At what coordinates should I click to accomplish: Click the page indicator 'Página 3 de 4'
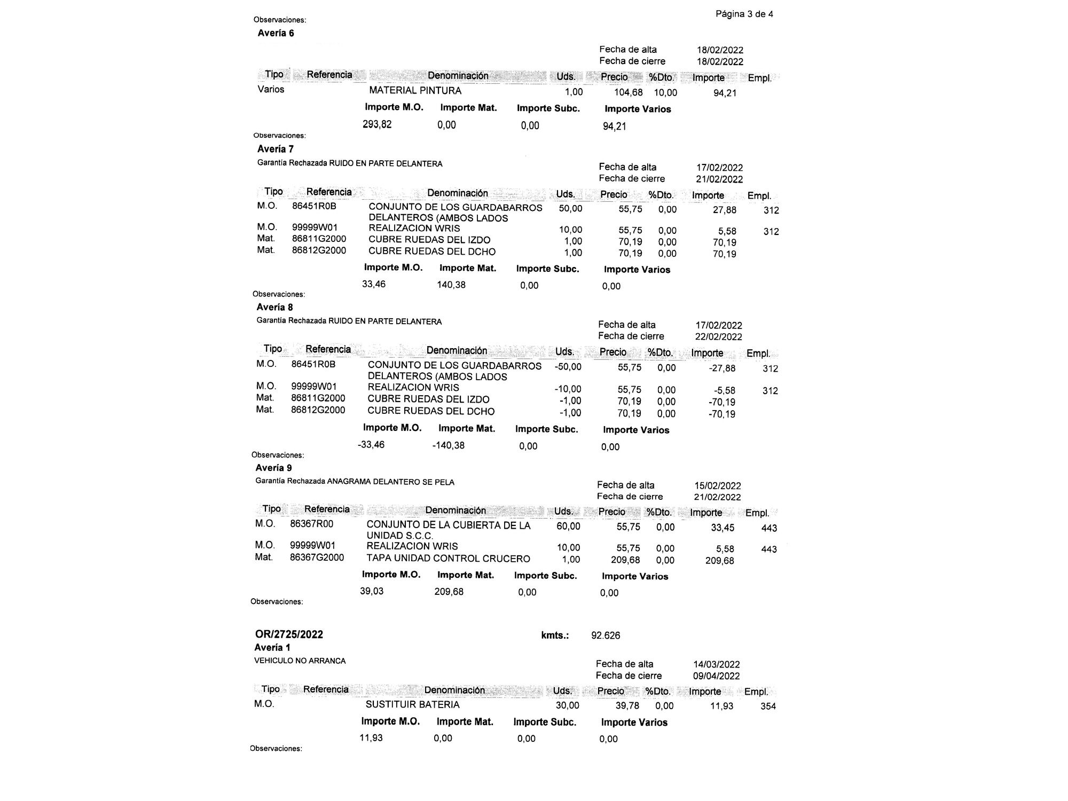coord(744,14)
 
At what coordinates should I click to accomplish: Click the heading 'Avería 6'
coord(276,33)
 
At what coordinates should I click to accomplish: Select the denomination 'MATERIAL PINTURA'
coord(415,91)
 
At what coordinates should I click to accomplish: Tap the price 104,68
coord(629,92)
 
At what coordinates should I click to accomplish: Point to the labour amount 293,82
coord(377,124)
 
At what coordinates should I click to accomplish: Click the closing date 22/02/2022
coord(718,337)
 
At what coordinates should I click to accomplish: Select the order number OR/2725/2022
coord(289,634)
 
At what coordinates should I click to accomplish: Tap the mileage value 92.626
coord(606,635)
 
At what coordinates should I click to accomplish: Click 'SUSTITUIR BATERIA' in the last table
coord(412,704)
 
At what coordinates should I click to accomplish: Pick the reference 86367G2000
coord(317,557)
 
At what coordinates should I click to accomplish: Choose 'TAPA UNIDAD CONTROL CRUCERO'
coord(448,559)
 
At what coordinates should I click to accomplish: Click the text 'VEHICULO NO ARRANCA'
coord(300,661)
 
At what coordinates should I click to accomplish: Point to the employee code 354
coord(768,706)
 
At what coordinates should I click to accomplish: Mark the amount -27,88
coord(722,368)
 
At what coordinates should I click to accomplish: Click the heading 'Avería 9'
coord(273,468)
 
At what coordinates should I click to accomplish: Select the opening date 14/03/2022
coord(717,664)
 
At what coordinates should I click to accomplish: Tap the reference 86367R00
coord(311,524)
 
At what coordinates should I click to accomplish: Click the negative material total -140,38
coord(448,445)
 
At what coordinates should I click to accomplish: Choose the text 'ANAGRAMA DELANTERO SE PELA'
coord(390,482)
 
